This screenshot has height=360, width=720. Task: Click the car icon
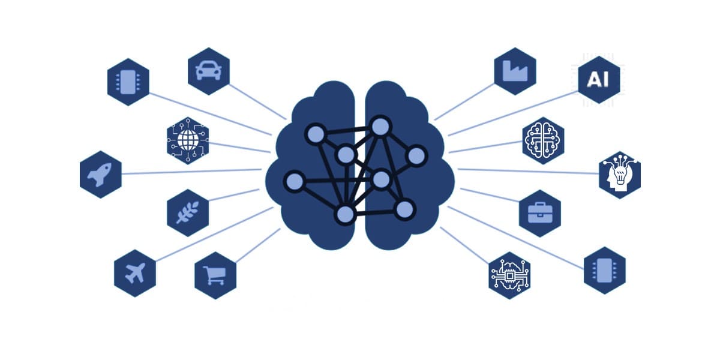[208, 70]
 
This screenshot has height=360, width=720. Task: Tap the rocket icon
[100, 175]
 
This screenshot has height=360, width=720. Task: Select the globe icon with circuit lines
[188, 140]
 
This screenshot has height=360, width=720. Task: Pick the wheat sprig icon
[188, 212]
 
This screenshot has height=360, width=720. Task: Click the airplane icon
[136, 273]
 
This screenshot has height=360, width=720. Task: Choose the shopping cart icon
[214, 275]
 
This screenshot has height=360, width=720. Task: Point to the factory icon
[515, 71]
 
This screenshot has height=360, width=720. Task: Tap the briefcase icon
[540, 213]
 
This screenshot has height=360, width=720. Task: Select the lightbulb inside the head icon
[619, 175]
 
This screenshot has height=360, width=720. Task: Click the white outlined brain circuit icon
[543, 140]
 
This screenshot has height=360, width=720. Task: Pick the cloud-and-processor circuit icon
[509, 276]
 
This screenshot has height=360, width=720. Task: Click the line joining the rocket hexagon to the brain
[191, 172]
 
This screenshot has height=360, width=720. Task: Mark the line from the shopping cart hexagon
[258, 245]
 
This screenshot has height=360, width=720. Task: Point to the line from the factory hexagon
[464, 101]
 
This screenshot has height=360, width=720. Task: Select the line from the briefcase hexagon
[490, 195]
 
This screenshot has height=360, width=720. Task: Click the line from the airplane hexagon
[214, 235]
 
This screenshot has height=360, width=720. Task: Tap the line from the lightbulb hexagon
[529, 172]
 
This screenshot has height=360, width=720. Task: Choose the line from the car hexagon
[257, 102]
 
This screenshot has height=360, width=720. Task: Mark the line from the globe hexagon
[239, 148]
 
